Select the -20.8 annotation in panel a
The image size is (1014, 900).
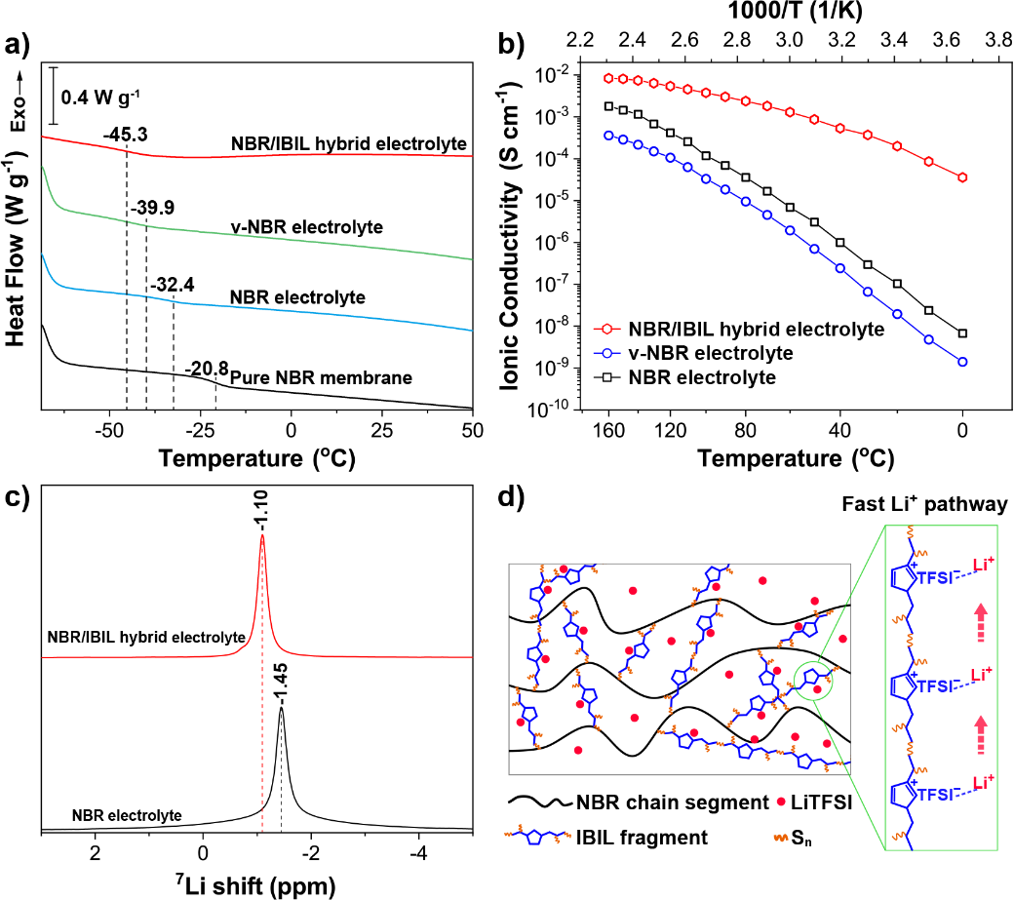click(x=207, y=369)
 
